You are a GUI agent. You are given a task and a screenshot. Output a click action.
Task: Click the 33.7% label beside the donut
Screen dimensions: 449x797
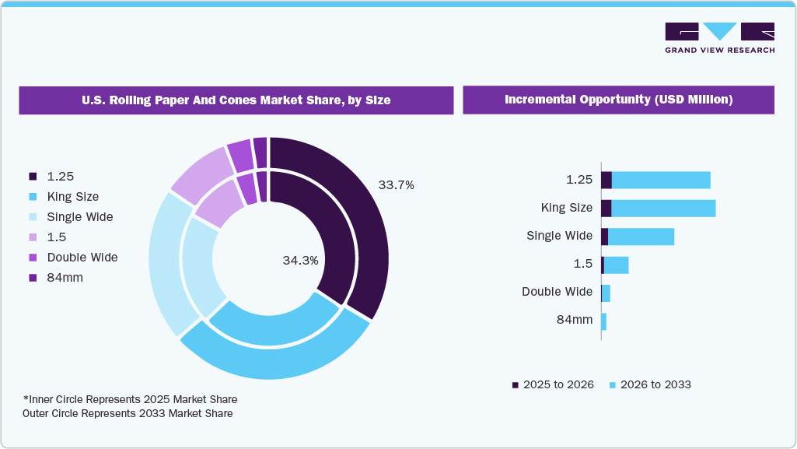(x=396, y=185)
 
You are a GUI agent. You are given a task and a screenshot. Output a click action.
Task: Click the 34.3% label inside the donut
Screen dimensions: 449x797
(x=300, y=261)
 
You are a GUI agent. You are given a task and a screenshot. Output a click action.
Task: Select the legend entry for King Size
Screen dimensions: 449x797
(x=72, y=197)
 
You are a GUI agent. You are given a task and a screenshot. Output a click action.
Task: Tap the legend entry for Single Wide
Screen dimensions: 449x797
(x=79, y=217)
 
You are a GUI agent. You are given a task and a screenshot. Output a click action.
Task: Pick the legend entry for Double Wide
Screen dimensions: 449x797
(x=82, y=258)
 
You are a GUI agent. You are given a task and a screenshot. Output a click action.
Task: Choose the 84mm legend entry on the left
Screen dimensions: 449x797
(x=65, y=278)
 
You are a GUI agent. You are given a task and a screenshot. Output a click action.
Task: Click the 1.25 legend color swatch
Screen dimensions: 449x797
(x=33, y=177)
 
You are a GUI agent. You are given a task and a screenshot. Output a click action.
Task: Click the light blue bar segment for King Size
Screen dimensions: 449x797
(x=662, y=208)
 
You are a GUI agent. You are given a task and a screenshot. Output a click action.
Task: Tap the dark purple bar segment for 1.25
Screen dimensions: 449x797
(x=606, y=180)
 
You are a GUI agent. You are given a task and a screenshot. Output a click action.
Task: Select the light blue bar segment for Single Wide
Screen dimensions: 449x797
(x=641, y=236)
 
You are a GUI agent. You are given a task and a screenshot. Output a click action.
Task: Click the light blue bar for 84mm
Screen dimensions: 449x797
(x=603, y=321)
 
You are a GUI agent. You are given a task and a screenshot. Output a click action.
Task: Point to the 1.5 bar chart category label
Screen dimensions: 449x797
(x=582, y=264)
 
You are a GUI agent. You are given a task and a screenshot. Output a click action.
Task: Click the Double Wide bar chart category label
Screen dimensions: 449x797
(x=557, y=292)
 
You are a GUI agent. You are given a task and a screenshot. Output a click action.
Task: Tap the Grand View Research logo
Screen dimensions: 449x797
(x=719, y=37)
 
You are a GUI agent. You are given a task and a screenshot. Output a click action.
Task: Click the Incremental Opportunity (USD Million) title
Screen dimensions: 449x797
(x=618, y=100)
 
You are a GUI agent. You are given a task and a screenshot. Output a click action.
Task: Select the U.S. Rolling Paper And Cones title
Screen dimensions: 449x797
(x=236, y=100)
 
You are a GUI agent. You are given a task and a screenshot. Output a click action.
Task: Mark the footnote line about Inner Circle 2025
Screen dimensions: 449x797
(x=130, y=399)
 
